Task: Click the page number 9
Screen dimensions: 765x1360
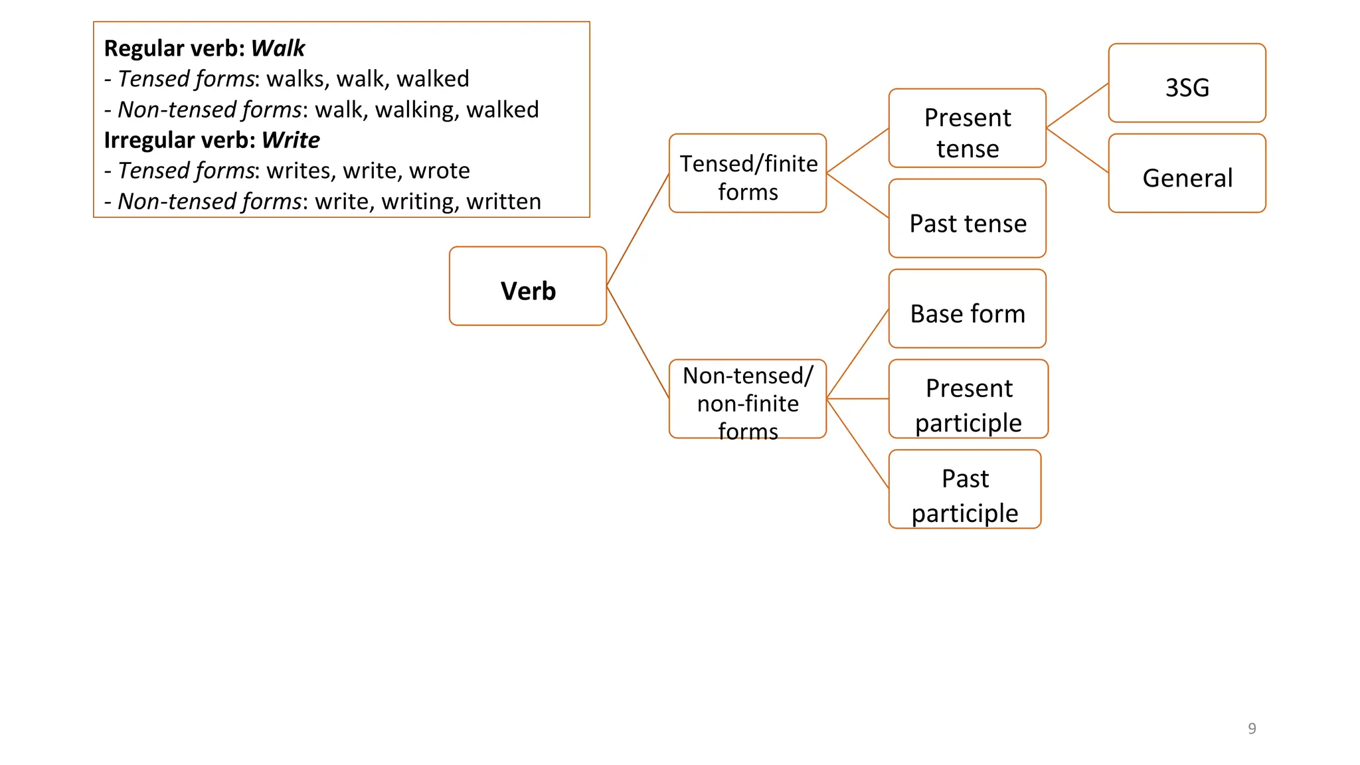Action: click(x=1252, y=728)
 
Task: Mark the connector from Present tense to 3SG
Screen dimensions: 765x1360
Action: click(x=1077, y=106)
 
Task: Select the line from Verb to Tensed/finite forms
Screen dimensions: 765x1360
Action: click(x=637, y=230)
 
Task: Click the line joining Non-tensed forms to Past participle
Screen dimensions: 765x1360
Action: click(x=857, y=444)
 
